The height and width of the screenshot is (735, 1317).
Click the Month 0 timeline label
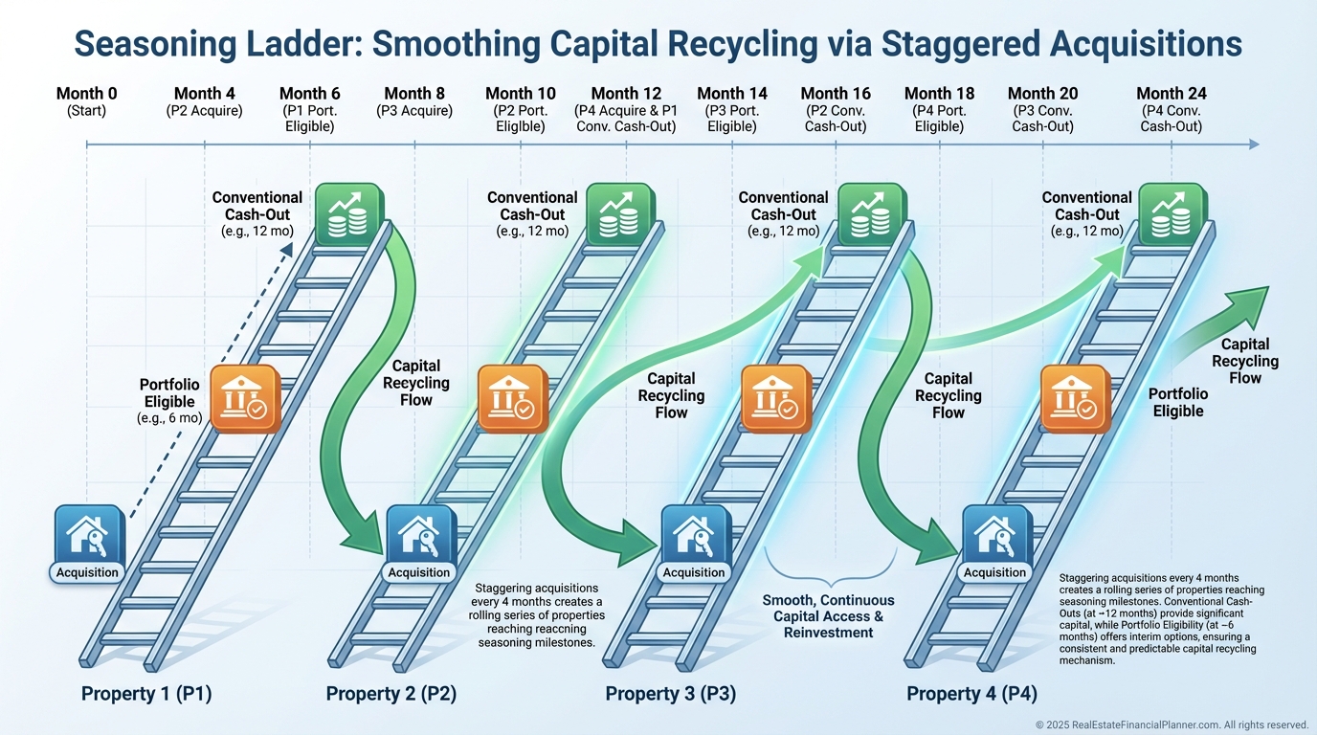[86, 94]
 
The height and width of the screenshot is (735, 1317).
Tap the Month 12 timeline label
[626, 94]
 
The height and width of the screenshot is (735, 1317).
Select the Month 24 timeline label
[1171, 94]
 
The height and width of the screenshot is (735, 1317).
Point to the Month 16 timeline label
[836, 94]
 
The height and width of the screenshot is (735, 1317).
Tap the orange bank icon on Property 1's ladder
[245, 399]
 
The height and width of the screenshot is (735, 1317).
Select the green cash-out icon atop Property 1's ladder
[348, 214]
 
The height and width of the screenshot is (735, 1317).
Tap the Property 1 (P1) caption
[146, 694]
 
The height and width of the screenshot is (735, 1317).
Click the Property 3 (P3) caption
[671, 694]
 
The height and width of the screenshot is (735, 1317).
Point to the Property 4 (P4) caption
[971, 694]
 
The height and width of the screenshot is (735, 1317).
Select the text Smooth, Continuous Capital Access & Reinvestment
[829, 615]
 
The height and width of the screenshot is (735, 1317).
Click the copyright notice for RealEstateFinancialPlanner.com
[1172, 724]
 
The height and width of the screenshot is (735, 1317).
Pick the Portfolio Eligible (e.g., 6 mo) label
[169, 401]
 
